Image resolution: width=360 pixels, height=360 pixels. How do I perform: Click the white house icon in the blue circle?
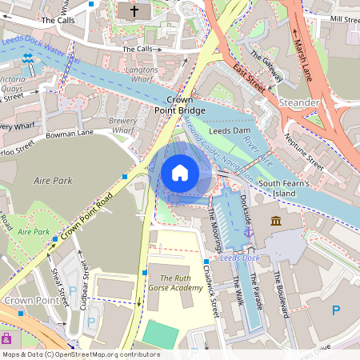pos(180,172)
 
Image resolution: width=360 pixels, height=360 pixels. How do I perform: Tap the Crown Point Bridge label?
pos(180,104)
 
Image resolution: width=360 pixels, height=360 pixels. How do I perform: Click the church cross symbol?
pos(134,11)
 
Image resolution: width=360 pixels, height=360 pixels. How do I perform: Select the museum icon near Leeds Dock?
pos(276,220)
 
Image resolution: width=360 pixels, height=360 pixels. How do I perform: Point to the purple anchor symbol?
pos(249,232)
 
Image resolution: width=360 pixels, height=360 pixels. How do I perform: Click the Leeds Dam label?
pos(230,130)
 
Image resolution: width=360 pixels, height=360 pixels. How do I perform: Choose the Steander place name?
pos(298,102)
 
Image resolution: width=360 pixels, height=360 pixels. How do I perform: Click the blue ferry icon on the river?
pos(29,58)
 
